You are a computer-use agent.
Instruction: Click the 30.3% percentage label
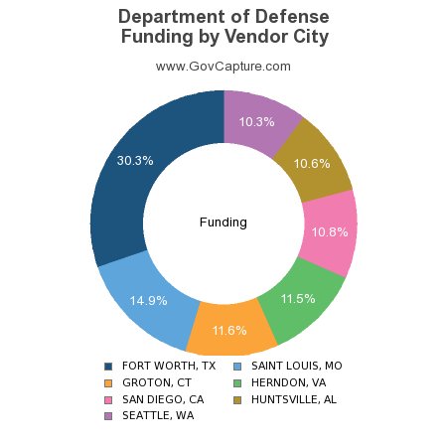(x=135, y=160)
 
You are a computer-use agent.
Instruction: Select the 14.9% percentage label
(x=149, y=299)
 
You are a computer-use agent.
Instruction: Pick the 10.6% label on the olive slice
(x=312, y=164)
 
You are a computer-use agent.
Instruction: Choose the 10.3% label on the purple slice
(x=257, y=121)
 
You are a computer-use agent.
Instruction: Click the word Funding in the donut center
(x=223, y=222)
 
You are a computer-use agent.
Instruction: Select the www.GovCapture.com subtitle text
(x=223, y=67)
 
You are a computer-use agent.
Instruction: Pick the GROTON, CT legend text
(x=157, y=382)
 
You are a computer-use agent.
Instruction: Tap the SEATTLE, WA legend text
(x=158, y=416)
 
